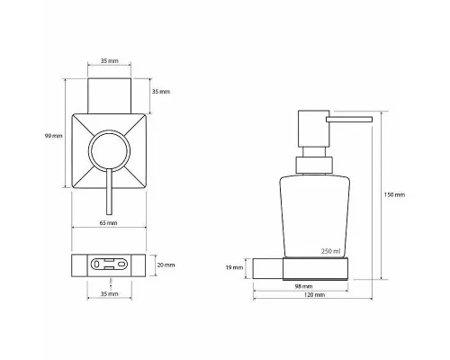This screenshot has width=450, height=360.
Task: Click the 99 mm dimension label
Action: point(54,136)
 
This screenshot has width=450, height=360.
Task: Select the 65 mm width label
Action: point(108,223)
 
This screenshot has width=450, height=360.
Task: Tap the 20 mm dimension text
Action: point(166,265)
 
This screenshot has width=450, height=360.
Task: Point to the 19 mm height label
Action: point(234,267)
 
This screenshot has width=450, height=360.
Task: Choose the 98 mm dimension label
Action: point(303,286)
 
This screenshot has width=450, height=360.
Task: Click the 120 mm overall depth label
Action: point(314,295)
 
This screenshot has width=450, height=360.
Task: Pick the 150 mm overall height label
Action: point(394,195)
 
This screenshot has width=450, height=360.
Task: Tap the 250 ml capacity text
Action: point(331,251)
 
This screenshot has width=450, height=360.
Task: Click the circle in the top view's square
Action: point(109,130)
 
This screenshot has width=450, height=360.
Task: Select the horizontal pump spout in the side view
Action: point(349,120)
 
